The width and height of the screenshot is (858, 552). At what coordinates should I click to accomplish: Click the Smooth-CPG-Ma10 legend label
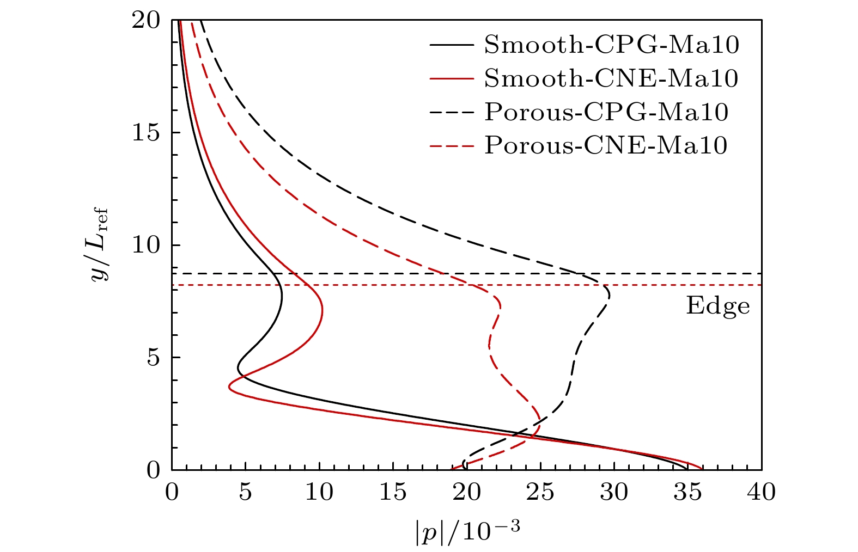(612, 45)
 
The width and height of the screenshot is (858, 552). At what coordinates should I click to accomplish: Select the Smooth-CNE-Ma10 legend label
(611, 79)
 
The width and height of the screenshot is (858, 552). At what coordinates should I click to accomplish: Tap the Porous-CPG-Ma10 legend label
(606, 112)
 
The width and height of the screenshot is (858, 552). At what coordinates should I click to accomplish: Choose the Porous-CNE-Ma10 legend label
(606, 145)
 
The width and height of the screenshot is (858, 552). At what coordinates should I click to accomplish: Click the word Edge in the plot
(717, 306)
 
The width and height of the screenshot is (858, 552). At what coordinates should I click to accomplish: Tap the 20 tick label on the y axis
(147, 21)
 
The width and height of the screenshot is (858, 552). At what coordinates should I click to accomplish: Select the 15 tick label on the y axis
(147, 133)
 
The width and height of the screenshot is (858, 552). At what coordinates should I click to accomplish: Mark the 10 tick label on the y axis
(147, 245)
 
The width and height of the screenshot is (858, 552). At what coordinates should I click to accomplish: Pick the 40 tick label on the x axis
(761, 493)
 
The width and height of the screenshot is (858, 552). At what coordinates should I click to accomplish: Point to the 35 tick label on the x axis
(687, 493)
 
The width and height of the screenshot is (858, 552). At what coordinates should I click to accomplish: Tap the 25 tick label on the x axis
(540, 493)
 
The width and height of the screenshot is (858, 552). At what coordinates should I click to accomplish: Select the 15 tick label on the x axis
(393, 493)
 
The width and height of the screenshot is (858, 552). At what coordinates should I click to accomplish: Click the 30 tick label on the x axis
(614, 493)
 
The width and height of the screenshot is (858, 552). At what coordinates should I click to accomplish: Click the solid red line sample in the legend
(451, 79)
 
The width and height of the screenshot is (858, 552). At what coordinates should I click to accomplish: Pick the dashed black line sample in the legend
(451, 112)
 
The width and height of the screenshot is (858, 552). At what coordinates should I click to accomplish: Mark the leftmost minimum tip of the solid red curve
(229, 388)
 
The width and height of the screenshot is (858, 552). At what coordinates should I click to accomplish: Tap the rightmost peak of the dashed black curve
(610, 296)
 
